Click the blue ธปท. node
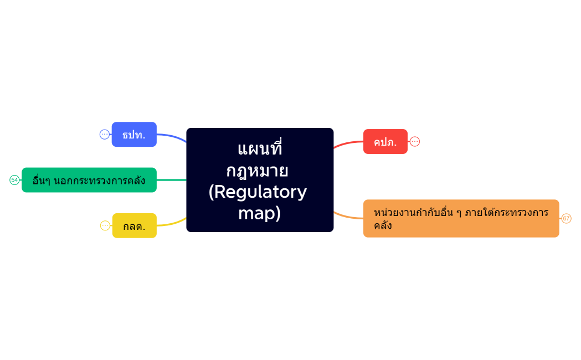pos(134,135)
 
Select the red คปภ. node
pos(385,142)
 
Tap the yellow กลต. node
pos(134,226)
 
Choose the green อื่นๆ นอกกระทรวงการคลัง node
pos(89,180)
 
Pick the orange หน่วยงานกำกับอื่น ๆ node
pos(461,218)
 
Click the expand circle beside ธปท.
pos(105,134)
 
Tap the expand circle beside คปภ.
pos(415,142)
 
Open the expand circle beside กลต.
pos(105,225)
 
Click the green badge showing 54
pos(14,180)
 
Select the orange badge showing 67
pos(566,218)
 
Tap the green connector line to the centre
pos(172,180)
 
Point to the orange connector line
pos(348,216)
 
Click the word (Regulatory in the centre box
pos(258,192)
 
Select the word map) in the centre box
pos(259,213)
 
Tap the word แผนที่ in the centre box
pos(260,149)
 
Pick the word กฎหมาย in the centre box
pos(257,170)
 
